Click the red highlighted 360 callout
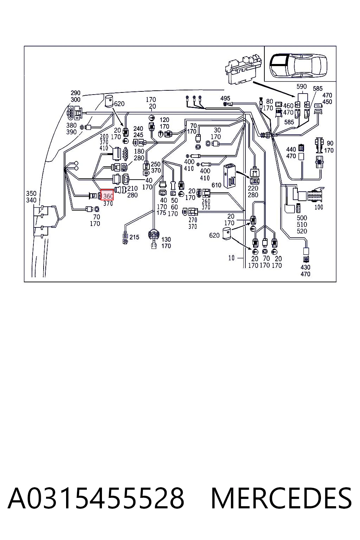coord(107,195)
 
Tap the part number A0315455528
coord(96,499)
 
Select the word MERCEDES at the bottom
coord(281,499)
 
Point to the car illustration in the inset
coord(298,65)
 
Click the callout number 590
coord(301,86)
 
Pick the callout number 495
coord(225,98)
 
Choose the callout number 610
coord(216,185)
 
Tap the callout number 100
coord(319,207)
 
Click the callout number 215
coord(134,237)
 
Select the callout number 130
coord(166,239)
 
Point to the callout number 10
coord(231,258)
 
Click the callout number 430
coord(305,267)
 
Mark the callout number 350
coord(31,193)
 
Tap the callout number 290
coord(76,93)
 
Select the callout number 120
coord(164,120)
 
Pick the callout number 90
coord(330,143)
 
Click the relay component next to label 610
coord(230,176)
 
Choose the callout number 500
coord(302,218)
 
